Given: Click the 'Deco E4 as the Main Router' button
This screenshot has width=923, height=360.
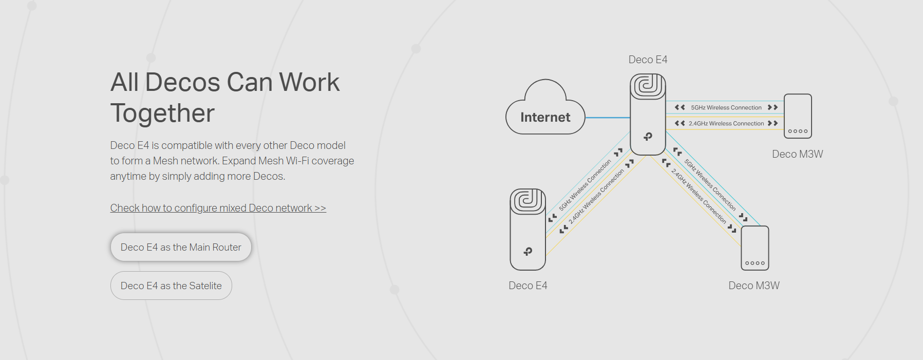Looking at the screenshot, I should (181, 247).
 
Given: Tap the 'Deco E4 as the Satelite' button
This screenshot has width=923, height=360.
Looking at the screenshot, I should (171, 286).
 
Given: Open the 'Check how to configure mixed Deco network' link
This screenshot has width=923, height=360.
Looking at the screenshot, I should (218, 208).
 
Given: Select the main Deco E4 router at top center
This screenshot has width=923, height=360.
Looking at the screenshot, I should (648, 114).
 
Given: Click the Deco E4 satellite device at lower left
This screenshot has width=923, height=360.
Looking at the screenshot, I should (528, 229).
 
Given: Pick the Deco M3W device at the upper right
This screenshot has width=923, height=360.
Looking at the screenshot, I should (798, 116).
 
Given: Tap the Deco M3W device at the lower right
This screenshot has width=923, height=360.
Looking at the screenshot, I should (755, 248).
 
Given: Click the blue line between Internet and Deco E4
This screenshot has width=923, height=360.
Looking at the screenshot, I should (608, 118).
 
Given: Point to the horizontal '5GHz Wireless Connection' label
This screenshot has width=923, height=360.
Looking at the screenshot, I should (726, 107).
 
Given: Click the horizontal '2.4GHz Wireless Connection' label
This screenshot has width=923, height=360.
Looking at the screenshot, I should (726, 123).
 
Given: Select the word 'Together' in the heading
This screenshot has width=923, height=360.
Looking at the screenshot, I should (162, 113).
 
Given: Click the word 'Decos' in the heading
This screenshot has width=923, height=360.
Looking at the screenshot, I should (182, 82).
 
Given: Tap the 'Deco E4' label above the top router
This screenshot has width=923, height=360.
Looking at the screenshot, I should (648, 60).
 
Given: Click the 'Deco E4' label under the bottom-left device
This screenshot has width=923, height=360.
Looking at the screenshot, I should (528, 286).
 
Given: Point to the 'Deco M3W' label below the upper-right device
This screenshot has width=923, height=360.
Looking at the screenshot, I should (797, 154).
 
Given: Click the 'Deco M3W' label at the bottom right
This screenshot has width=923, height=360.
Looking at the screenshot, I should (754, 286).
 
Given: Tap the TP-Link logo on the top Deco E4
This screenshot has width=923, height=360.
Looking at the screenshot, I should (648, 136).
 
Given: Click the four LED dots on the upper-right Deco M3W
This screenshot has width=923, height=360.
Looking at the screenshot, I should (798, 131).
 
